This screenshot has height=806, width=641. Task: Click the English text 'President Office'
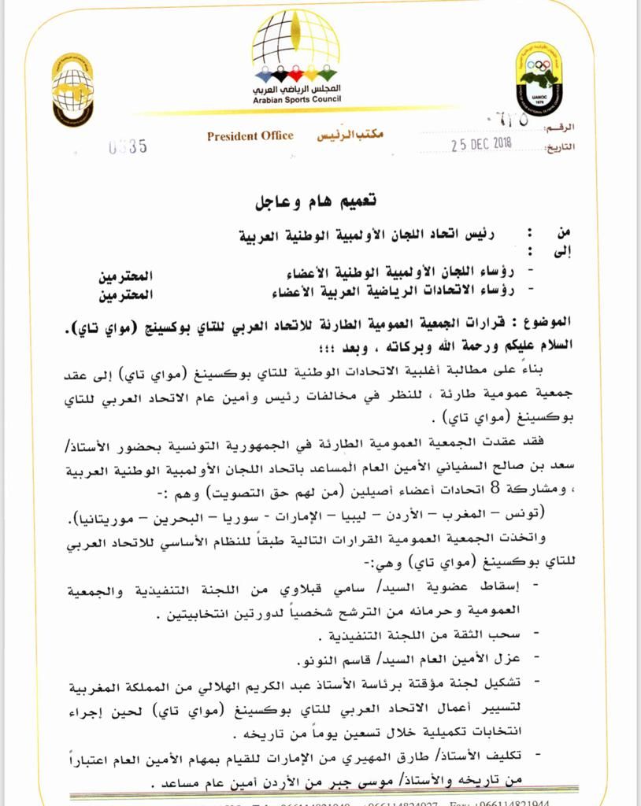tap(250, 135)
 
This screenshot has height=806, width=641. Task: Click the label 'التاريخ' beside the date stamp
tap(560, 146)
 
